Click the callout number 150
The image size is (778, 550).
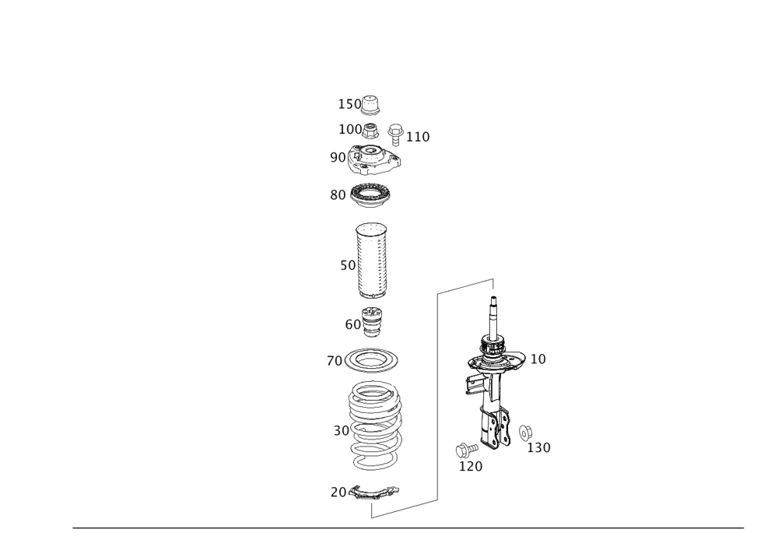coord(349,103)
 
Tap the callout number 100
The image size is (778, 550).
coord(349,129)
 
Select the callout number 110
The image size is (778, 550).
coord(419,138)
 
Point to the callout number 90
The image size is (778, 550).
coord(337,158)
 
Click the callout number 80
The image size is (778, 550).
coord(337,196)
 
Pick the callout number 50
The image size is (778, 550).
coord(347,265)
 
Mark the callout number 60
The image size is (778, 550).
coord(352,321)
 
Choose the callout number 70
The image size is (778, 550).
coord(333,362)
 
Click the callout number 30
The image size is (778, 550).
coord(342,430)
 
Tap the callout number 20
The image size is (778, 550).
coord(337,492)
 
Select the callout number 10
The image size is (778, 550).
coord(538,359)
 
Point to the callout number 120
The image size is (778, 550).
coord(471,465)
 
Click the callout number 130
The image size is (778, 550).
coord(539,449)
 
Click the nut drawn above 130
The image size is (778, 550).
coord(524,431)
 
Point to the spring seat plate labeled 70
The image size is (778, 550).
coord(373,360)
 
